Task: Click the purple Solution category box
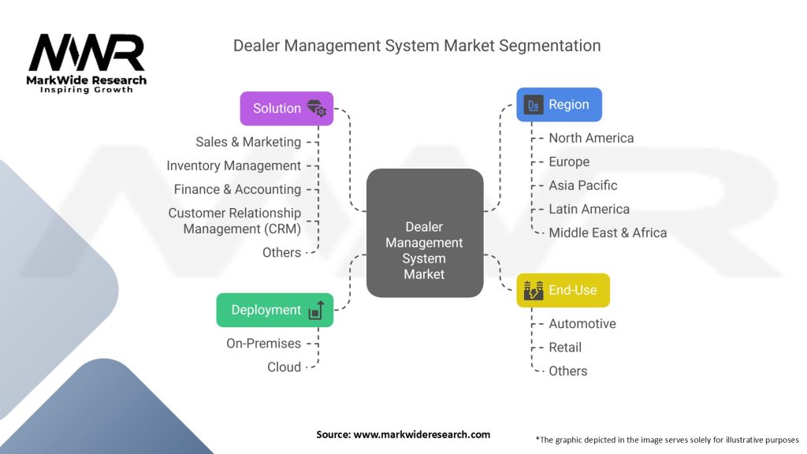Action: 287,109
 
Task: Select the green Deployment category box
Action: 275,310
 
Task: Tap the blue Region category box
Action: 559,105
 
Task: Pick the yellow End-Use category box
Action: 563,290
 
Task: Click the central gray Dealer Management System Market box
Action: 425,233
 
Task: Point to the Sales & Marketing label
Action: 248,142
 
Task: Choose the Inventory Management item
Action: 233,166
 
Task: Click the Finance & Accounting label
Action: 237,189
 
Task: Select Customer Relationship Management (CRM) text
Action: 235,221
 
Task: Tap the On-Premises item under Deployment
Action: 263,344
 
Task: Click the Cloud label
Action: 284,367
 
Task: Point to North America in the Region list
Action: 591,138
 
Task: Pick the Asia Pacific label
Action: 583,185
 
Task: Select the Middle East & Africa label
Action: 608,233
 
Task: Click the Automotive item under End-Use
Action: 582,324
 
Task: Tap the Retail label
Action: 565,348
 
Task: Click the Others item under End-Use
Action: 567,371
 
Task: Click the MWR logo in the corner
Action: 87,63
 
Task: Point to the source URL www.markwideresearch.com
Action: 422,434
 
